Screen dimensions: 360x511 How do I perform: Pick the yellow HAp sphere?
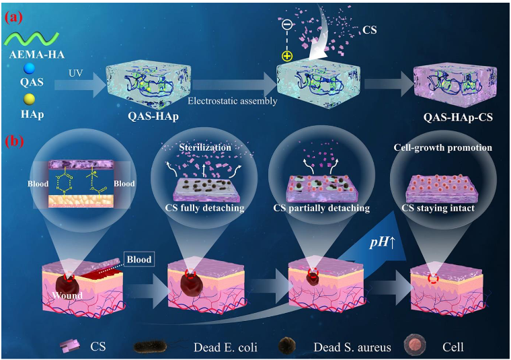point(28,100)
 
